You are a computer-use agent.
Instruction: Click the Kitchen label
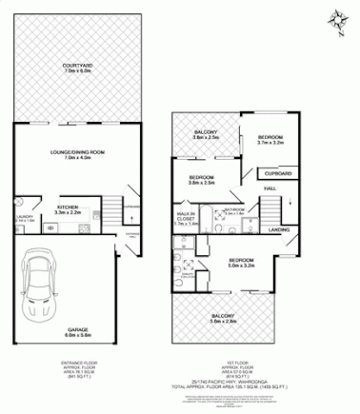coord(68,208)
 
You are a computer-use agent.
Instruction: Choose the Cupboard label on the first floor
coord(277,174)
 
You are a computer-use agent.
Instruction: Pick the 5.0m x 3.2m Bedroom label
coord(240,263)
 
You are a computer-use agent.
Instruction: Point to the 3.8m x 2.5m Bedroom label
coord(201,181)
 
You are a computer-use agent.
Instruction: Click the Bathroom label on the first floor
coord(233,211)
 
